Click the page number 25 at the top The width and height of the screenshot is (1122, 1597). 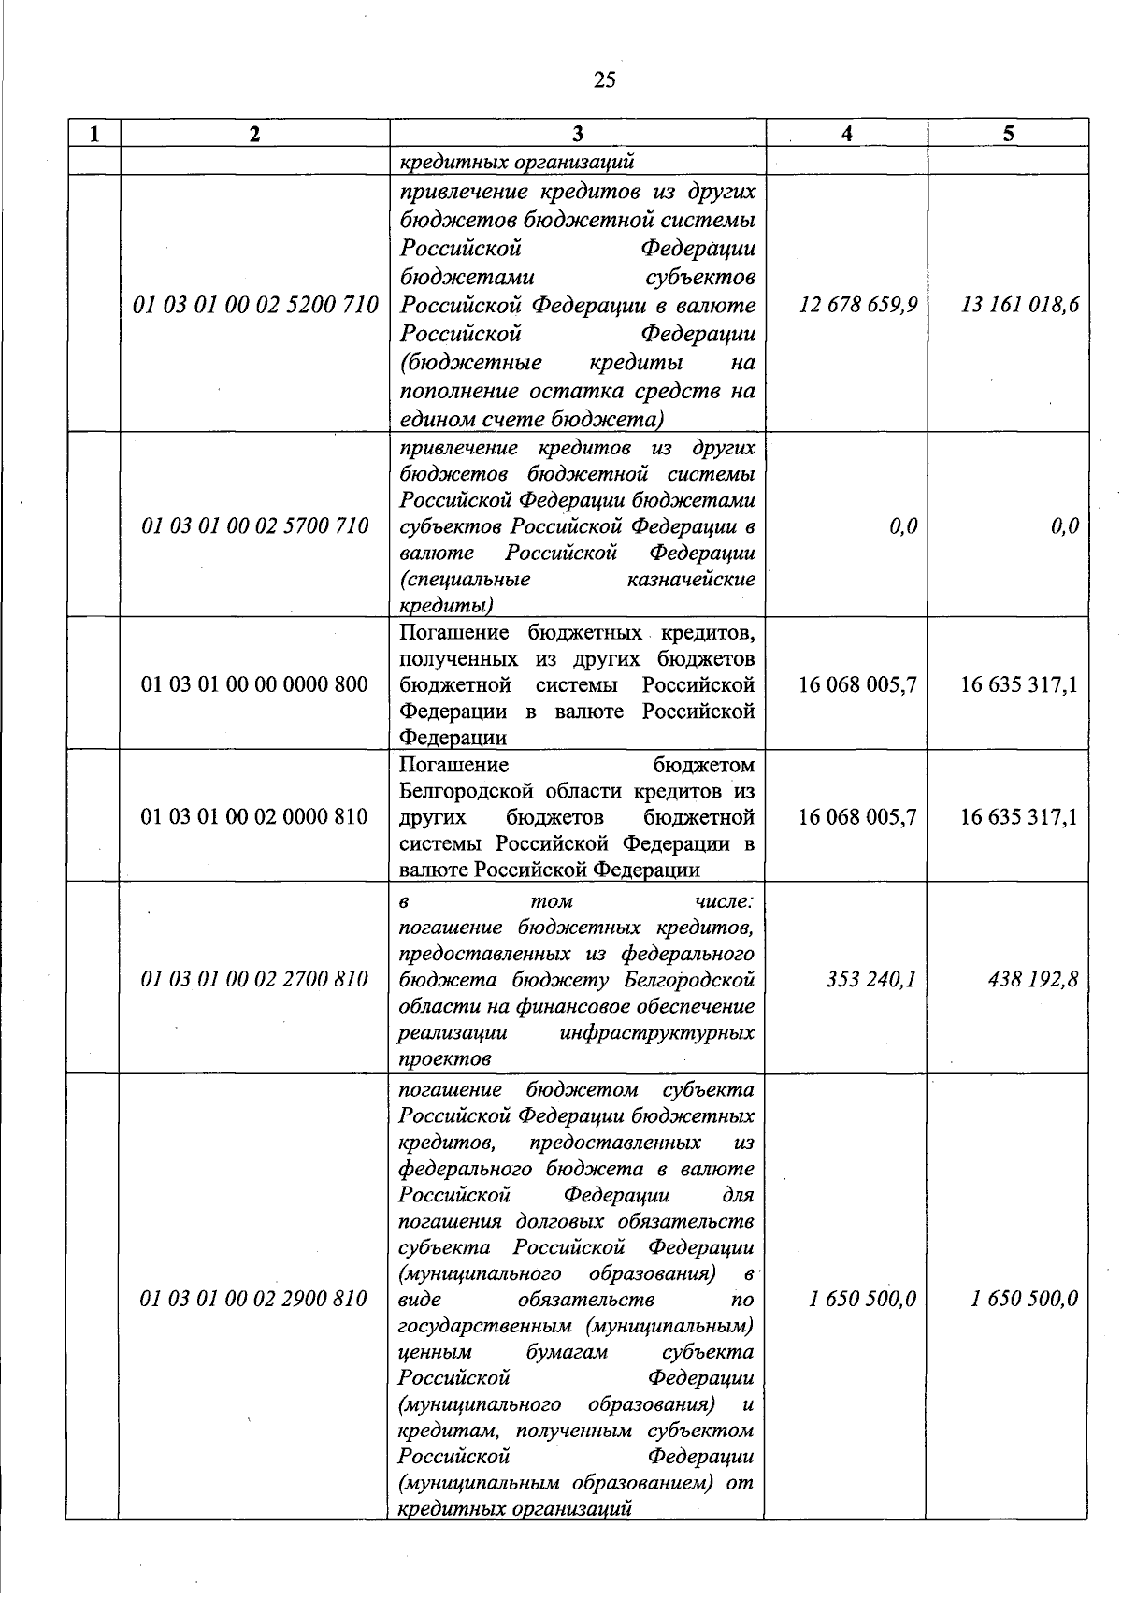point(605,80)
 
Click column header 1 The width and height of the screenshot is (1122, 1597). point(93,134)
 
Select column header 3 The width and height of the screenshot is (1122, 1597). point(578,134)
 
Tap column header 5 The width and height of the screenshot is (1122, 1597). point(1008,134)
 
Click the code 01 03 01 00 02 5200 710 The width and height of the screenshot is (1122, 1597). point(255,305)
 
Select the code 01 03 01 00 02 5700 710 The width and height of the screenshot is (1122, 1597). point(255,525)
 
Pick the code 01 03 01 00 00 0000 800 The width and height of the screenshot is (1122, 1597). point(255,684)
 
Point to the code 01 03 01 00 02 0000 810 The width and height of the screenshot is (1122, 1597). point(255,816)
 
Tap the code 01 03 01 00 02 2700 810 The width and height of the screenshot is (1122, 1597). point(255,979)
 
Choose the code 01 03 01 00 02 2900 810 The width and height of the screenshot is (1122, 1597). point(253,1299)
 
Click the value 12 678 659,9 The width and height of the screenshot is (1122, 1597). point(858,305)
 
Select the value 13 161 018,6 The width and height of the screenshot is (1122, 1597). point(1020,305)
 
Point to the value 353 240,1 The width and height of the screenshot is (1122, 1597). point(870,979)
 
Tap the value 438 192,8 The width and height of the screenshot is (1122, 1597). point(1032,979)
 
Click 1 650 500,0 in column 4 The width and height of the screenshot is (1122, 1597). point(863,1299)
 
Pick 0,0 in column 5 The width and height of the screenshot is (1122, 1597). point(1064,525)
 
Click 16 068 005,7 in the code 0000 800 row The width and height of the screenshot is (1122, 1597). point(857,684)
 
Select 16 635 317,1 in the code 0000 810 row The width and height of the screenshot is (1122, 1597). point(1019,816)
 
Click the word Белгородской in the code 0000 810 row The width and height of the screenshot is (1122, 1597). point(460,791)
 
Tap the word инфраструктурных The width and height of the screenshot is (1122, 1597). point(656,1033)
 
